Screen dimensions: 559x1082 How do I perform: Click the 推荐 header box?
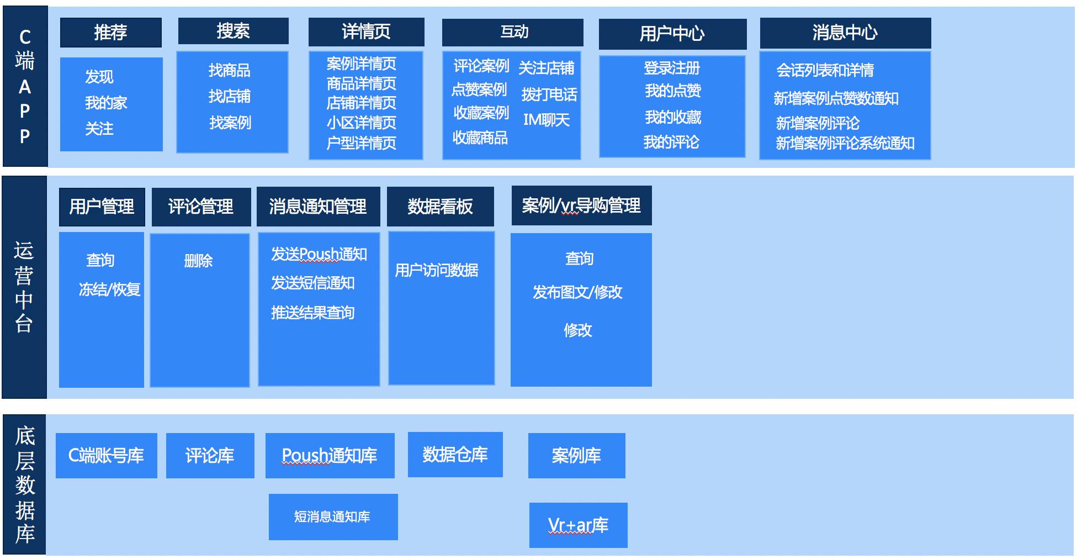pos(110,33)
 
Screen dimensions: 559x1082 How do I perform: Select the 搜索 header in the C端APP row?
pos(233,31)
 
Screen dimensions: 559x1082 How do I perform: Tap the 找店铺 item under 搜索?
pos(230,97)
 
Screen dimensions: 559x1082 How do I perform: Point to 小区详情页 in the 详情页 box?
pos(361,123)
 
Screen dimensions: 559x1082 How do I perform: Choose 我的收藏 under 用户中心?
pos(672,117)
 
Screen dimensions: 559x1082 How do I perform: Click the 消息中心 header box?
pos(845,33)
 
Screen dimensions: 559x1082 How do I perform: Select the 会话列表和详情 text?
pos(825,71)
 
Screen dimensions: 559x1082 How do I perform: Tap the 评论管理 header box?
pos(201,207)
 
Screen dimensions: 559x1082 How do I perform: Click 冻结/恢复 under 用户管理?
pos(109,289)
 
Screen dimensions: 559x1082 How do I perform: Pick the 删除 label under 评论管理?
pos(198,261)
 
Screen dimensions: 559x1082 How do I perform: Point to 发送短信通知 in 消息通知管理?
pos(312,283)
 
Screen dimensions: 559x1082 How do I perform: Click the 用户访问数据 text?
pos(436,270)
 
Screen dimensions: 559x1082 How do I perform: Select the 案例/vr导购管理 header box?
pos(581,205)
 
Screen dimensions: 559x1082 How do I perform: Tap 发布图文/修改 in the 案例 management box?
pos(577,292)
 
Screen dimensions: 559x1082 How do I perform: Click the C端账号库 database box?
pos(106,456)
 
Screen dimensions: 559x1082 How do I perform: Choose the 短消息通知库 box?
pos(333,517)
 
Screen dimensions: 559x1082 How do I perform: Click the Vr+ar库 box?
pos(578,525)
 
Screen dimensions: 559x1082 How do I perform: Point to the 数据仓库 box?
pos(455,455)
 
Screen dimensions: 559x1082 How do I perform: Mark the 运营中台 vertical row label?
pos(24,287)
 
